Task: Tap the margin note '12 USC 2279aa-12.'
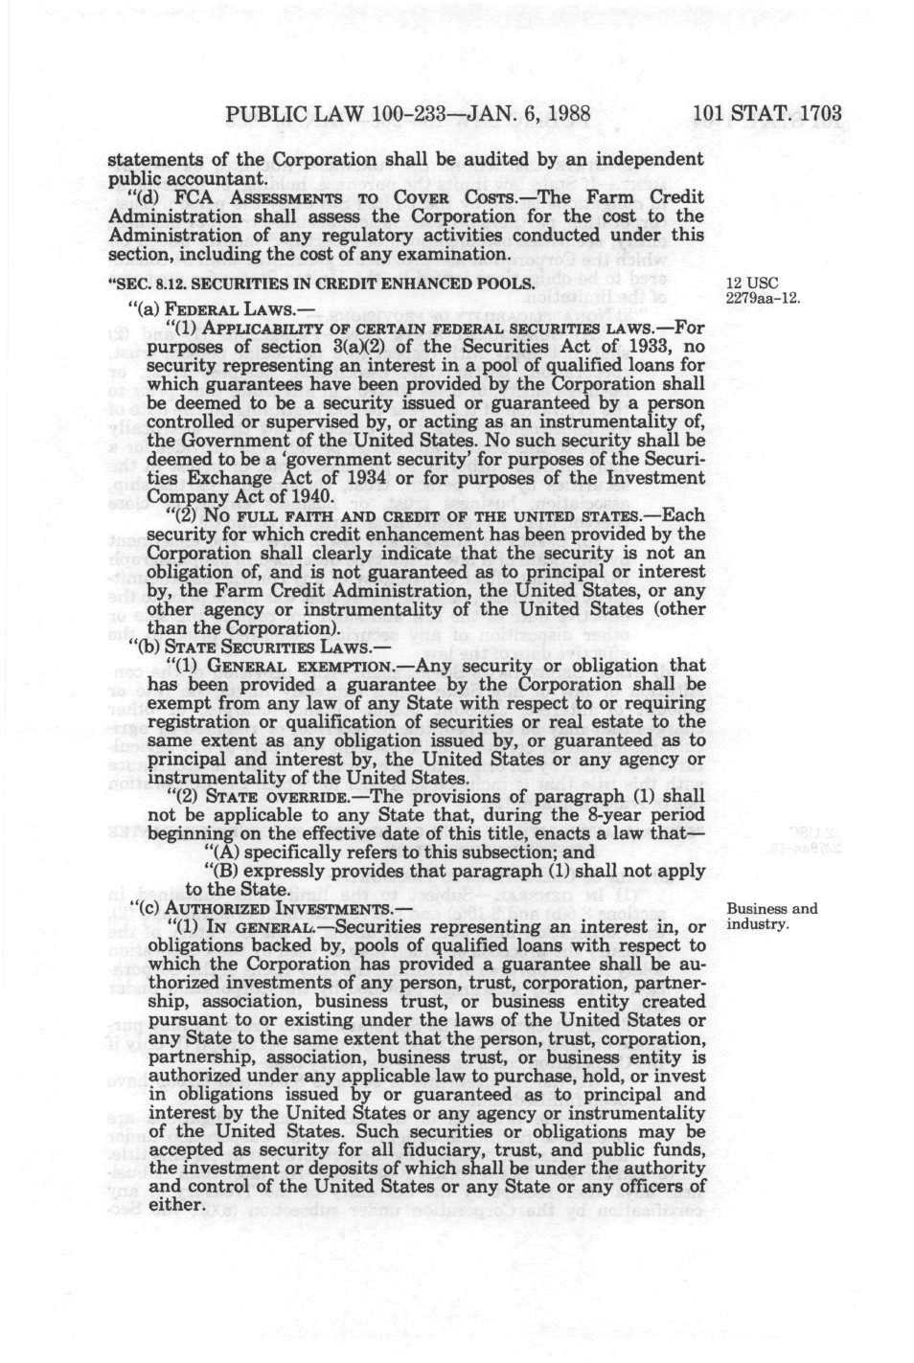pyautogui.click(x=762, y=290)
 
